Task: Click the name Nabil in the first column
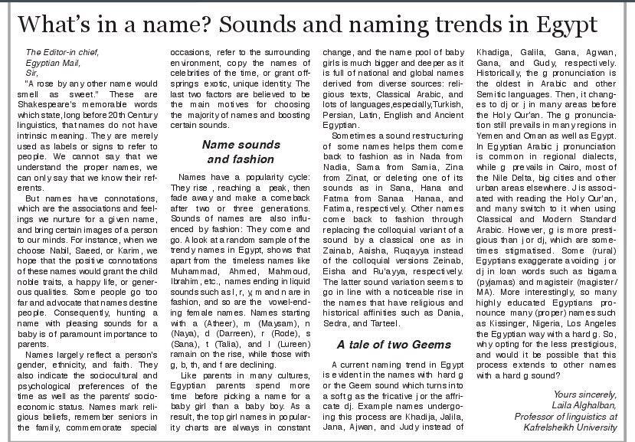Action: (64, 270)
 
